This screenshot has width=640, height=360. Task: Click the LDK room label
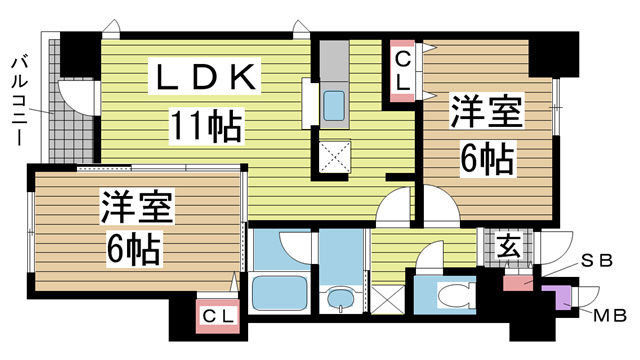point(206,77)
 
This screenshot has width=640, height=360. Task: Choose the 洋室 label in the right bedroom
point(486,112)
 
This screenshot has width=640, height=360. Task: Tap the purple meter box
point(556,297)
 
